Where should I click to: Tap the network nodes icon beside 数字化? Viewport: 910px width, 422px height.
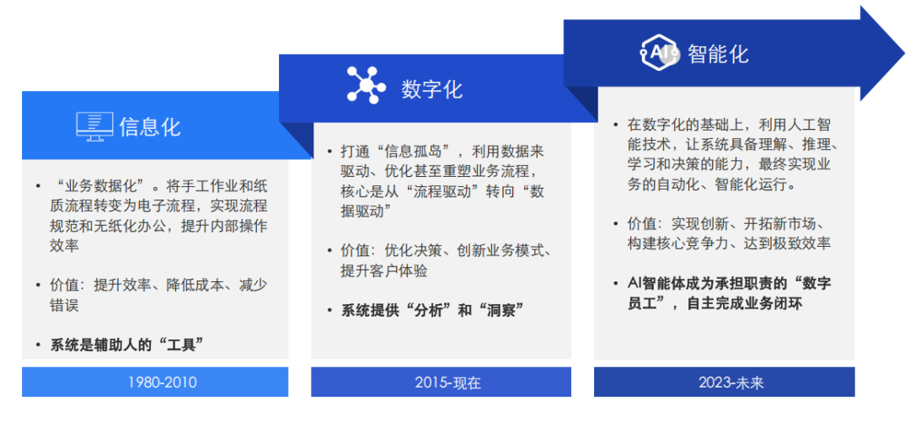tap(366, 86)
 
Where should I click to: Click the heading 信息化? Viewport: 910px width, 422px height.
tap(151, 127)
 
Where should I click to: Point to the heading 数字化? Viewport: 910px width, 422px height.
tap(431, 88)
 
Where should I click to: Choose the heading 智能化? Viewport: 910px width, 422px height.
tap(717, 53)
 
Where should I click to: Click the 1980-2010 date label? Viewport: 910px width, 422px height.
tap(163, 382)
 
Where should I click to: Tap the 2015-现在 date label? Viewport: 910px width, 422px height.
tap(447, 382)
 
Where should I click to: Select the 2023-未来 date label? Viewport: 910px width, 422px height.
tap(731, 382)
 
